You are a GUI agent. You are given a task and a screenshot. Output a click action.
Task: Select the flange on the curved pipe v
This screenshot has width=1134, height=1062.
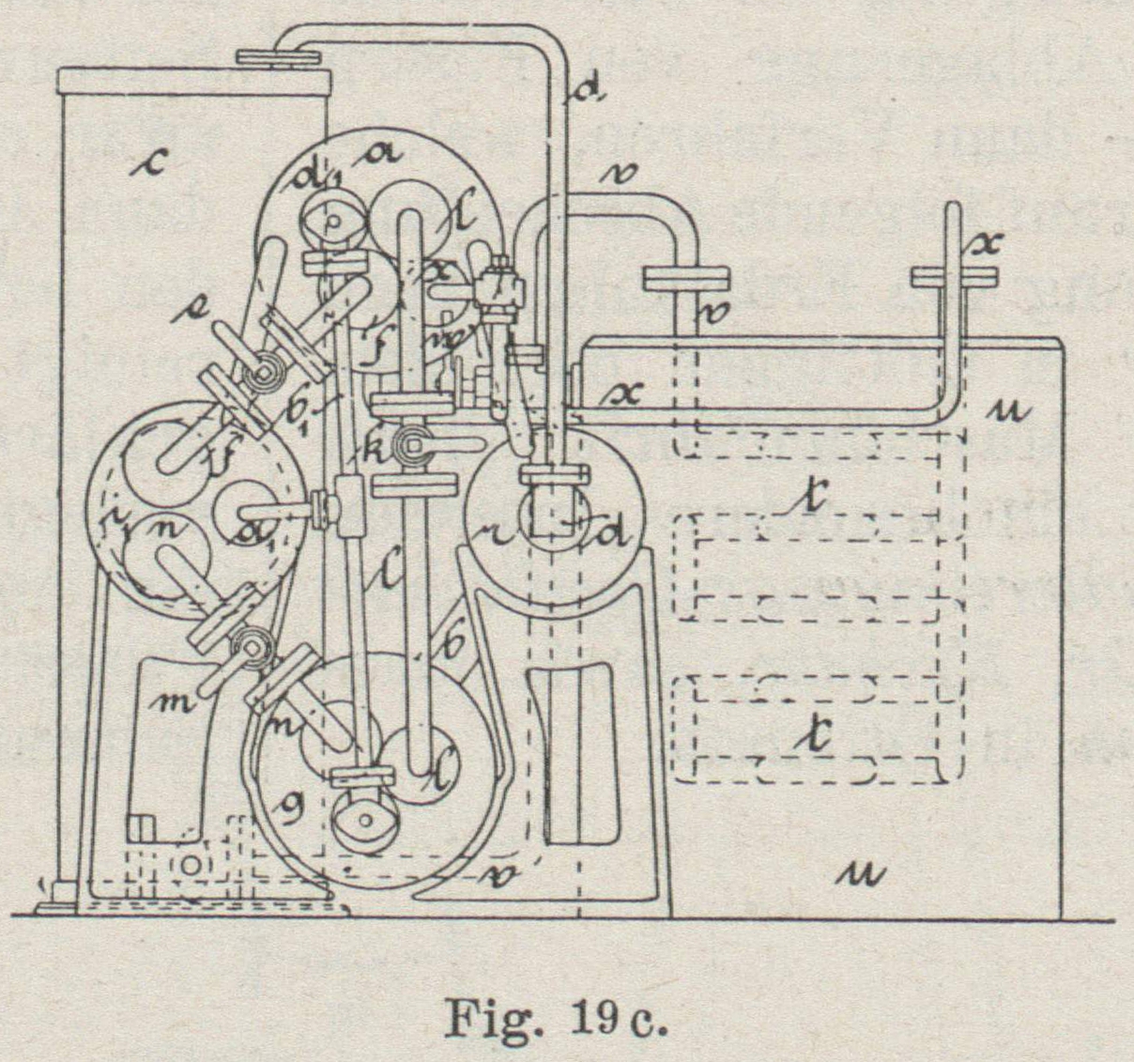point(686,278)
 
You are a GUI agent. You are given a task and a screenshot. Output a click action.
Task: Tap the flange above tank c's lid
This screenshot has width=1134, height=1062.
point(282,58)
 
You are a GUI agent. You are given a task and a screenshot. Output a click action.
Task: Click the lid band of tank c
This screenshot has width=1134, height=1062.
point(194,81)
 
